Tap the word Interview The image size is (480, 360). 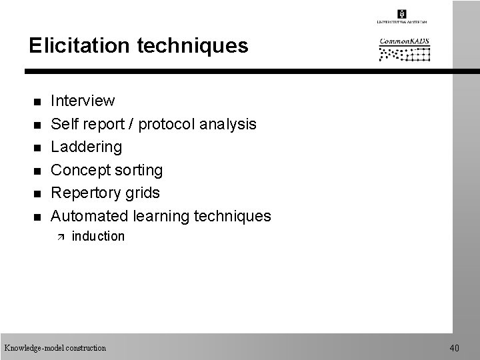tap(83, 101)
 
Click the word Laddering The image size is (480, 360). tap(87, 147)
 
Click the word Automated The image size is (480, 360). tap(90, 216)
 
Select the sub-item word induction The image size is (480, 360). tap(97, 236)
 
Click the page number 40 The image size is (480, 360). tap(455, 348)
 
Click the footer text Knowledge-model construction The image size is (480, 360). tap(55, 348)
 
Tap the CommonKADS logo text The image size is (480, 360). tap(405, 41)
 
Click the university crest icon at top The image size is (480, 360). tap(402, 13)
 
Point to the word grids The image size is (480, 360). tap(142, 193)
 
